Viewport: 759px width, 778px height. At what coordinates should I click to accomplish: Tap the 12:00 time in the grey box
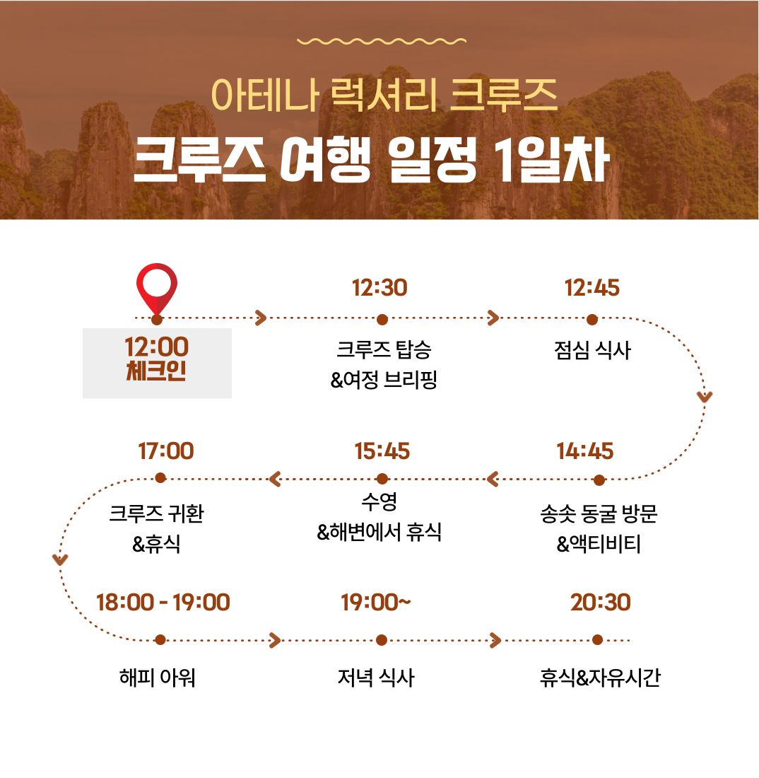click(157, 347)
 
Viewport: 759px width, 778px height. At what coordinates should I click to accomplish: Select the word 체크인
click(157, 371)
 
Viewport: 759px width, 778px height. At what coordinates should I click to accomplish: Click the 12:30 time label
click(379, 288)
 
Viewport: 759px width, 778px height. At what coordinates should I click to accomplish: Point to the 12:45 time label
click(592, 288)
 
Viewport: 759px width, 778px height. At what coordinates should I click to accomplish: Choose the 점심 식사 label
click(592, 350)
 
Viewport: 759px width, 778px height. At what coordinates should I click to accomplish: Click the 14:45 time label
click(585, 451)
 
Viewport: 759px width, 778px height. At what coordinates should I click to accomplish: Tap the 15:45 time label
click(382, 451)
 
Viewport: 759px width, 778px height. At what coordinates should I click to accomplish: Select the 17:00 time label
click(166, 451)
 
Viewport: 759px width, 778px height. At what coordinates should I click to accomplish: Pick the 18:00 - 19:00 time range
click(163, 603)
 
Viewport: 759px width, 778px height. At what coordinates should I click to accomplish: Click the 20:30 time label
click(601, 603)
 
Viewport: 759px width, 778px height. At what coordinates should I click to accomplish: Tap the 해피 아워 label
click(157, 678)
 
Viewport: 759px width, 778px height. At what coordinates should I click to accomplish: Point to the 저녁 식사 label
click(376, 678)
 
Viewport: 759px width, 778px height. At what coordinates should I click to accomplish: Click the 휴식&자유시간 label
click(600, 678)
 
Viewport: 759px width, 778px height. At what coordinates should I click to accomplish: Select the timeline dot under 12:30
click(382, 320)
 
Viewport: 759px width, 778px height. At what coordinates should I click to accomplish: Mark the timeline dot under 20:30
click(598, 640)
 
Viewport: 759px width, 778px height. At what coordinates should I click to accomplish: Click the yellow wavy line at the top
click(381, 41)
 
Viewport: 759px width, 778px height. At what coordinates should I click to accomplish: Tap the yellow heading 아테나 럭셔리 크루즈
click(384, 95)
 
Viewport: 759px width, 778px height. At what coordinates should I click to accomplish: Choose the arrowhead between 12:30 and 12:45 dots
click(493, 318)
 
